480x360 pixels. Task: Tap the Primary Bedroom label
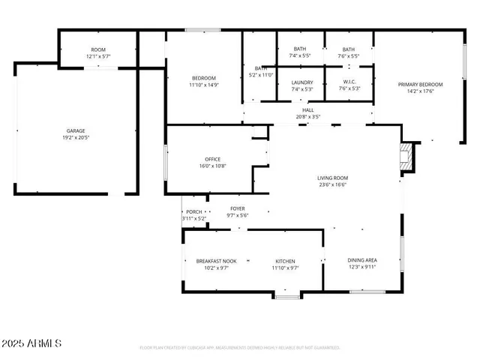pyautogui.click(x=420, y=85)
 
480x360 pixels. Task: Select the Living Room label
pyautogui.click(x=332, y=178)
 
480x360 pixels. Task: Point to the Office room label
pyautogui.click(x=213, y=159)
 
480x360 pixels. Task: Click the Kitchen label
pyautogui.click(x=285, y=261)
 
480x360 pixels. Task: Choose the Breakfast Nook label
pyautogui.click(x=211, y=261)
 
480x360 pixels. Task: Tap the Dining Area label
pyautogui.click(x=361, y=260)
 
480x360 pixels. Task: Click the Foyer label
pyautogui.click(x=237, y=208)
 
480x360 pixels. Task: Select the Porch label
pyautogui.click(x=193, y=212)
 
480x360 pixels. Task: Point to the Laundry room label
pyautogui.click(x=302, y=82)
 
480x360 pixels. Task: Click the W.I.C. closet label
pyautogui.click(x=349, y=82)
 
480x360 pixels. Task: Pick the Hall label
pyautogui.click(x=308, y=109)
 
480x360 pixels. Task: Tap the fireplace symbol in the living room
pyautogui.click(x=406, y=157)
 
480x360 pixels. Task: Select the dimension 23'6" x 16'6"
pyautogui.click(x=332, y=184)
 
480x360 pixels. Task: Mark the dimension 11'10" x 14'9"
pyautogui.click(x=203, y=85)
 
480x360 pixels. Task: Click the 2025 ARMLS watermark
pyautogui.click(x=31, y=343)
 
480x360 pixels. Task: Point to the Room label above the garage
pyautogui.click(x=98, y=49)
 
